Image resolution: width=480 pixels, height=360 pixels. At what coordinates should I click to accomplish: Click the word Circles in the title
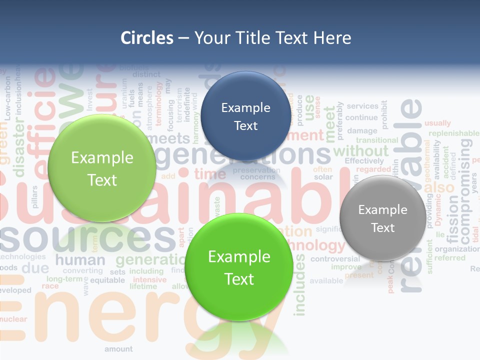point(146,38)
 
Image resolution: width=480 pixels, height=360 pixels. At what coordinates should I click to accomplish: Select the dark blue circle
point(245,116)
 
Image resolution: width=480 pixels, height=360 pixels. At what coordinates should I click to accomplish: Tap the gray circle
point(382,218)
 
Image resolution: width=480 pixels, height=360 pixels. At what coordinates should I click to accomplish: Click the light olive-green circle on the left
point(102,168)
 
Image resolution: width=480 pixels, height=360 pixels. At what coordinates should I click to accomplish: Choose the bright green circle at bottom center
point(239,267)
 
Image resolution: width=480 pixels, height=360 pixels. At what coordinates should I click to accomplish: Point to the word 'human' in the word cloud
point(80,260)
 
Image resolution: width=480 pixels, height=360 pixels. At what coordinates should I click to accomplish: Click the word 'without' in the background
point(360,150)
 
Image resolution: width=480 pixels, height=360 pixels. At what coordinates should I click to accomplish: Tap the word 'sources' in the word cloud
point(87,239)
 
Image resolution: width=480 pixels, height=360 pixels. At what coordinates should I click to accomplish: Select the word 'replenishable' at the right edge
point(453,133)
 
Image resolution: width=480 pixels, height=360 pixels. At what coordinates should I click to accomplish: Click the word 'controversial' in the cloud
point(335,259)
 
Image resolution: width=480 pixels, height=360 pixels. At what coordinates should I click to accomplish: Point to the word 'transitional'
point(377,140)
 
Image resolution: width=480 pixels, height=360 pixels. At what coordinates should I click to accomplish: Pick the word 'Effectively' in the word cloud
point(364,161)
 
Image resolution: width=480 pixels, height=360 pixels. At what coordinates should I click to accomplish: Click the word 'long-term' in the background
point(64,278)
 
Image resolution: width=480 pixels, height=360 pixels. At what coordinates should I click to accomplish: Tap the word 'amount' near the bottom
point(118,349)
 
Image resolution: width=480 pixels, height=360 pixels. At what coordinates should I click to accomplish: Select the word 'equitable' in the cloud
point(107,280)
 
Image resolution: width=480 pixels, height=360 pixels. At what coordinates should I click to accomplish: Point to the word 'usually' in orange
point(437,123)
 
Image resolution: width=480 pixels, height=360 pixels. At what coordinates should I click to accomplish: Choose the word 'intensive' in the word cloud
point(149,279)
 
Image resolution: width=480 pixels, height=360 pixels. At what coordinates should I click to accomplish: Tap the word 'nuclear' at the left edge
point(13,319)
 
